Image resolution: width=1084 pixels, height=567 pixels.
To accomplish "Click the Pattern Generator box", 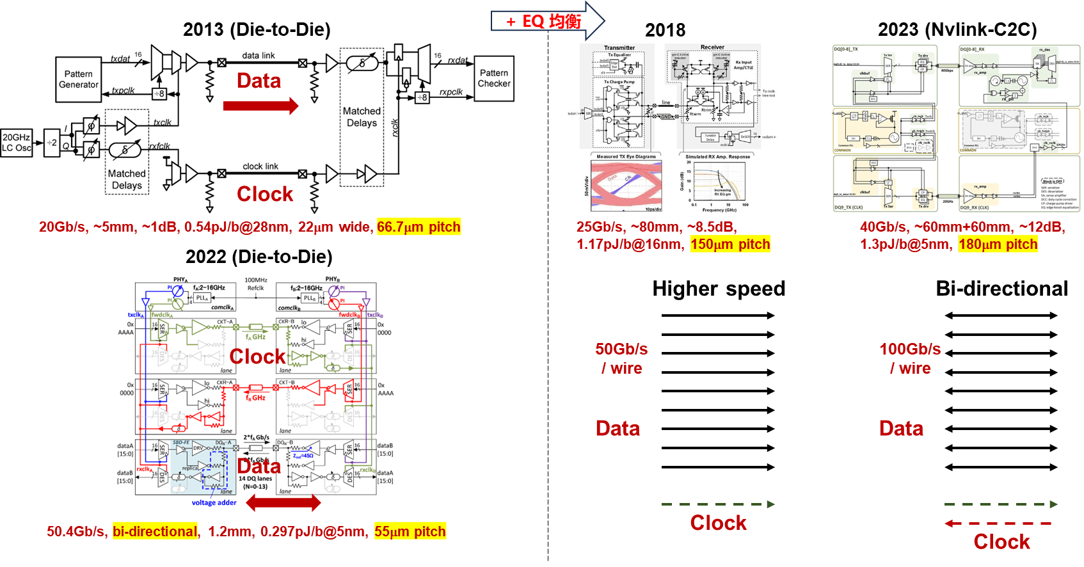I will click(x=79, y=79).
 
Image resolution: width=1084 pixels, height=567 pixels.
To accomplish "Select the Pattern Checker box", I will click(x=494, y=78).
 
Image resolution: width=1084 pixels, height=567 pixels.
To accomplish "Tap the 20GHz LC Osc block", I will click(x=17, y=142).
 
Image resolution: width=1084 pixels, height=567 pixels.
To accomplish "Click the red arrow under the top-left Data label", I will click(x=260, y=106).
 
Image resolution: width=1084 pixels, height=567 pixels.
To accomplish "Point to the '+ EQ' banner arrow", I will click(x=547, y=21).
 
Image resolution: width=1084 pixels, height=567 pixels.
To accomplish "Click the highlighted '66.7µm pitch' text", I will click(x=418, y=227).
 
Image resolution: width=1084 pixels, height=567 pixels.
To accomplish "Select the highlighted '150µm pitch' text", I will click(x=730, y=244).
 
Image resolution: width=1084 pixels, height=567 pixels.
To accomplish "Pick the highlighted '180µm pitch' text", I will click(x=998, y=244).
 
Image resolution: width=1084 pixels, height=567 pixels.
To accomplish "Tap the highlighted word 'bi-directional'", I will click(x=155, y=531).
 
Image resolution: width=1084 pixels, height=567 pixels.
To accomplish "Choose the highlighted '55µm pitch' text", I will click(x=410, y=531).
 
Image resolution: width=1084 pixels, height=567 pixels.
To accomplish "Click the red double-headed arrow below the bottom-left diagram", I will click(x=283, y=503).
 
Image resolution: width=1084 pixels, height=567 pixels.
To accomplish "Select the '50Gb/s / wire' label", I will click(x=621, y=358).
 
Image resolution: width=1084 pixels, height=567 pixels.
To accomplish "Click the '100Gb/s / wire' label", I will click(x=910, y=358).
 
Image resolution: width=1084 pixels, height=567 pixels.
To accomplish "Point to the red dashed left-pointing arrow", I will click(x=998, y=523).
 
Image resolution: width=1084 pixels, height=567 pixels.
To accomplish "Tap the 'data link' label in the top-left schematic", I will click(x=259, y=56).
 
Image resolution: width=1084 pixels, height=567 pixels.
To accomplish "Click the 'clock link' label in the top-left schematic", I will click(x=260, y=166).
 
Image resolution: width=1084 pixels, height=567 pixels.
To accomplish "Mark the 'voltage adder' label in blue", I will click(x=214, y=502).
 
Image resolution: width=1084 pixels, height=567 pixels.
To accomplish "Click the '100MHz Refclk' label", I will click(x=255, y=283).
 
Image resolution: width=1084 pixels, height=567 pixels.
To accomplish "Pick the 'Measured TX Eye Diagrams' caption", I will click(x=626, y=156).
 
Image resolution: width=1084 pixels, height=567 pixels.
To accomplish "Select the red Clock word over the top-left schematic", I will click(x=265, y=194).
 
